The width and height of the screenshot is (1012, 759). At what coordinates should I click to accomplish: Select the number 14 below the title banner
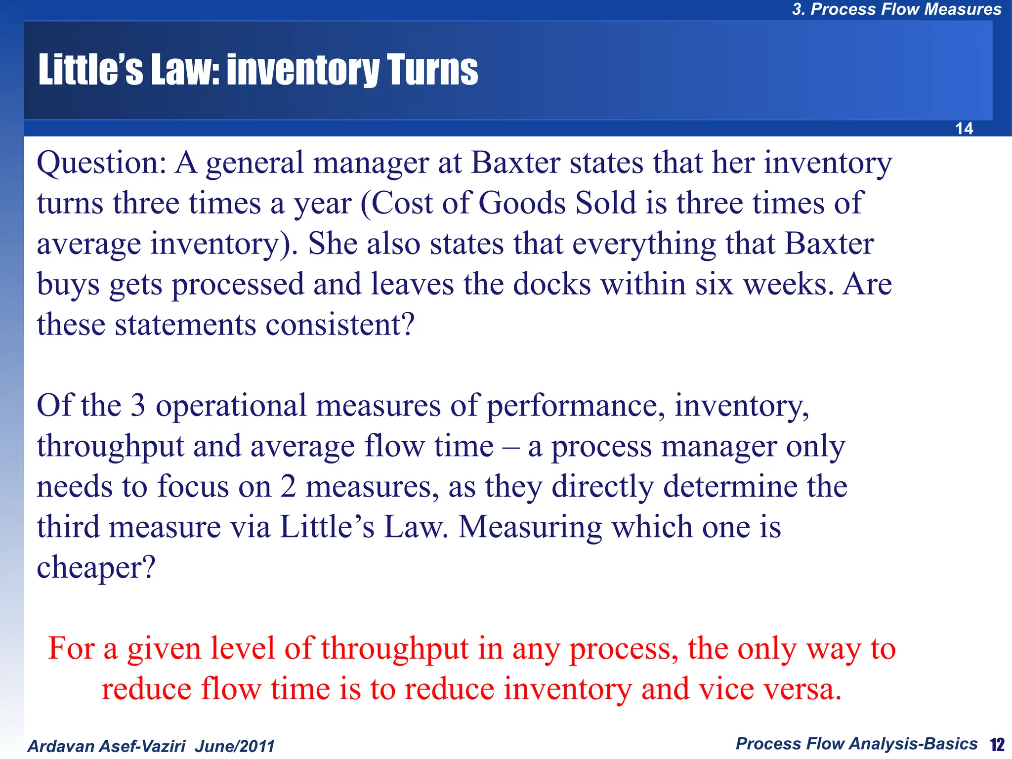(x=964, y=128)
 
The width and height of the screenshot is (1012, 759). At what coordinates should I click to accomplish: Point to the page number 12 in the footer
(x=997, y=744)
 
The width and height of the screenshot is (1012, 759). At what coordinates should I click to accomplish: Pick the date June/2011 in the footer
(x=234, y=746)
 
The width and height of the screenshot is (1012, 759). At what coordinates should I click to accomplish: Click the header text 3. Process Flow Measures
(x=896, y=9)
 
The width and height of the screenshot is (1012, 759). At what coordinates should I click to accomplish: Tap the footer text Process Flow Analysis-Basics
(x=856, y=744)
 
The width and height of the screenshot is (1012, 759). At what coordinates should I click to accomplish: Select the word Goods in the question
(x=522, y=203)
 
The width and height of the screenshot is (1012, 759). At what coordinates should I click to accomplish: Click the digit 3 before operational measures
(x=138, y=406)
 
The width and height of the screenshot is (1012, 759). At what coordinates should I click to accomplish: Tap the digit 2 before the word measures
(x=288, y=487)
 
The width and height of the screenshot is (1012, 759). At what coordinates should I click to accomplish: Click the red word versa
(x=801, y=689)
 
